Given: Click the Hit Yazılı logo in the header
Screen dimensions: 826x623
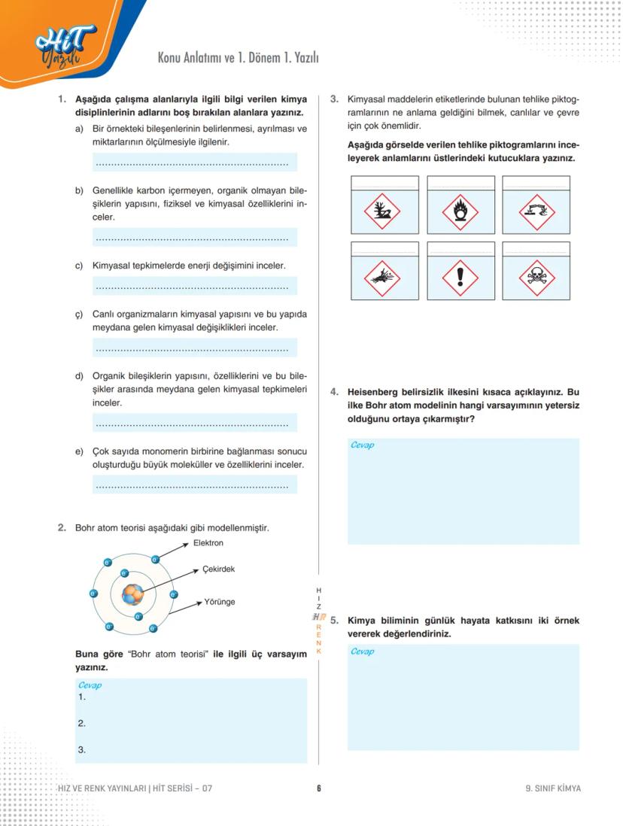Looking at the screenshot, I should coord(66,47).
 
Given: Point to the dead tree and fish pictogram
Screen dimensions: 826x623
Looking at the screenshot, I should coord(382,213).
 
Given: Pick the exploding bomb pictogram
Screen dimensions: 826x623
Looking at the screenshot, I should coord(382,279).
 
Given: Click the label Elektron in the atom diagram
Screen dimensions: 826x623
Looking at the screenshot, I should coord(208,542).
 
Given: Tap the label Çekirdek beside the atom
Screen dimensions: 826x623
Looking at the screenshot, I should coord(218,569).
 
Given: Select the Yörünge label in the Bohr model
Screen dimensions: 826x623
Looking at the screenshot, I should coord(220,602).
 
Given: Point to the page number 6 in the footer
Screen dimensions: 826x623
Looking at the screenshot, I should coord(319,788).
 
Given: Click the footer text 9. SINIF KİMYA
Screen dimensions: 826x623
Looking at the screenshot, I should coord(553,788).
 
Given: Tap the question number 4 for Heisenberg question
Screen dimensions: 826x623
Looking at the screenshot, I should coord(334,392).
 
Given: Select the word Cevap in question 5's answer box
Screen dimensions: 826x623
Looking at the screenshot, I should coord(362,651).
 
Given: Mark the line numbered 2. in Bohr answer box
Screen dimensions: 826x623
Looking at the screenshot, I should coord(81,724).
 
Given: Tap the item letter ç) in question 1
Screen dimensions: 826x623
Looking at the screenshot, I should coord(78,314).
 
